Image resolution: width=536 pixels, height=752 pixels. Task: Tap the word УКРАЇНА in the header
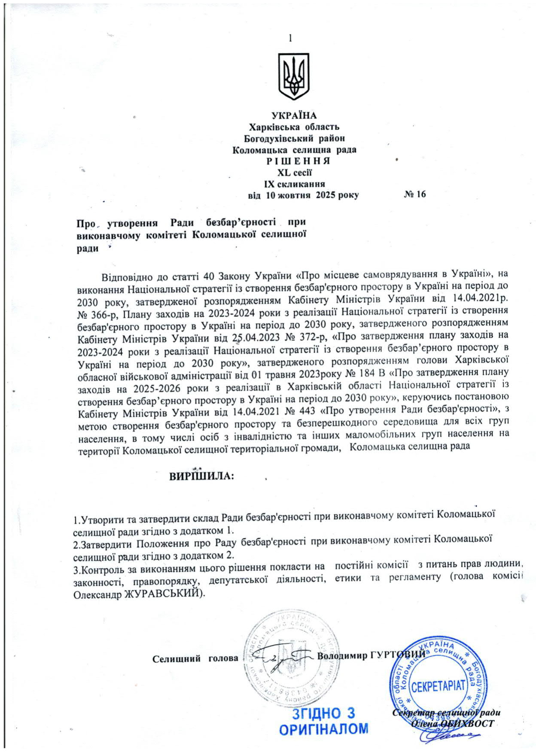click(294, 115)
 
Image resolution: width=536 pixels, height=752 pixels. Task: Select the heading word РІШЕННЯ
click(294, 161)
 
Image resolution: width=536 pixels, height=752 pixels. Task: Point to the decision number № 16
click(414, 194)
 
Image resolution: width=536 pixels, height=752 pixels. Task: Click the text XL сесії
click(294, 173)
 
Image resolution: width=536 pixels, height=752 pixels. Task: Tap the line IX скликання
click(294, 184)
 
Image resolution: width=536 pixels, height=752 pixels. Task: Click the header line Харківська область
click(294, 127)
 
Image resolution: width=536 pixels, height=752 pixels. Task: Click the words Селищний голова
click(195, 658)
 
